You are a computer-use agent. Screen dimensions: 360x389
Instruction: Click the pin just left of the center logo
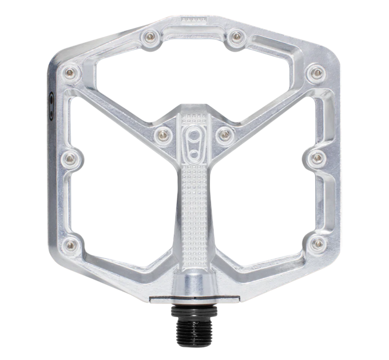tap(161, 133)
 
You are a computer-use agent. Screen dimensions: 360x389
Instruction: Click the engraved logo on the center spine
tap(192, 141)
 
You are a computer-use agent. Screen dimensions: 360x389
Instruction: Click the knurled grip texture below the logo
tap(192, 194)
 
